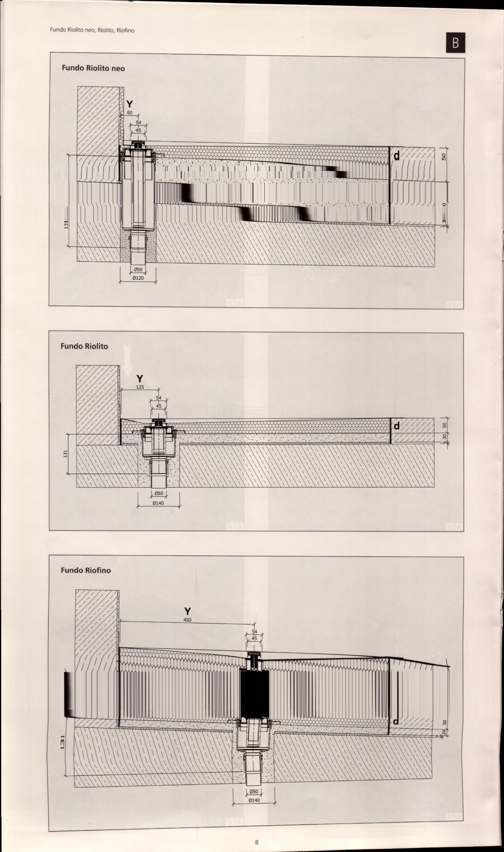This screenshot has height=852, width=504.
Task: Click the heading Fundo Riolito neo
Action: click(x=93, y=68)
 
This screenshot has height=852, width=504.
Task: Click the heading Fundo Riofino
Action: click(x=86, y=570)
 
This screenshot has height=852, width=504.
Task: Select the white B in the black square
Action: click(x=455, y=43)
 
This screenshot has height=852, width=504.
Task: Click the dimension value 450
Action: click(x=187, y=620)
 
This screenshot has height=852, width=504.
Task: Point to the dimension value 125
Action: click(x=140, y=387)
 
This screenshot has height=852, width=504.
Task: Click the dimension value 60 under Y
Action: click(x=129, y=113)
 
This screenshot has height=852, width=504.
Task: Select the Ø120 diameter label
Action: click(x=138, y=278)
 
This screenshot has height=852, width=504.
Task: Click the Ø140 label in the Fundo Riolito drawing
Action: click(x=158, y=503)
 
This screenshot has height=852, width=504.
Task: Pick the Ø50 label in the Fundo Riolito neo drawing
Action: click(x=138, y=270)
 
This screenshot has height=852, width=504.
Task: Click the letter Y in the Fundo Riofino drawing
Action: click(x=187, y=611)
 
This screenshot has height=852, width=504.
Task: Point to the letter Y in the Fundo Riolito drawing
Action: click(x=140, y=378)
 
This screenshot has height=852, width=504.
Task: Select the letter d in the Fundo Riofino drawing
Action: click(x=396, y=721)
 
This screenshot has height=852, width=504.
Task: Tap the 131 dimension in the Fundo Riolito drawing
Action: click(x=66, y=453)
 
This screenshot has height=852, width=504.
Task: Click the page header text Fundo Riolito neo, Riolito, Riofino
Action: click(x=92, y=30)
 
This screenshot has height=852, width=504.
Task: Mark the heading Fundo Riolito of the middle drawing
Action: click(x=84, y=346)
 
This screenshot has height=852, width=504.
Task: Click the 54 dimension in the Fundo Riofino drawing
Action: click(x=254, y=632)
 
